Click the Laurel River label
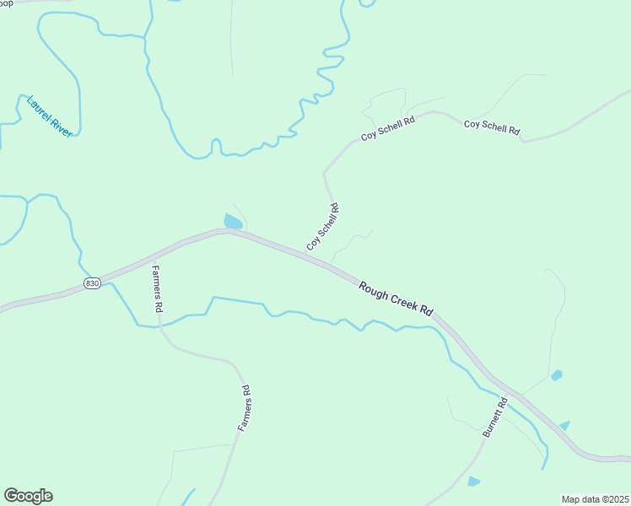pyautogui.click(x=50, y=116)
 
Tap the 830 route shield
pyautogui.click(x=93, y=283)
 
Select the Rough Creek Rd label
pyautogui.click(x=396, y=299)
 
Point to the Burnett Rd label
pyautogui.click(x=495, y=417)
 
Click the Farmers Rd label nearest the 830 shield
pyautogui.click(x=156, y=289)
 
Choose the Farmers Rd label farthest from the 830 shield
pyautogui.click(x=244, y=409)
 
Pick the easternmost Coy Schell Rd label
pyautogui.click(x=491, y=127)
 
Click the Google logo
pyautogui.click(x=28, y=496)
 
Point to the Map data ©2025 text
pyautogui.click(x=594, y=498)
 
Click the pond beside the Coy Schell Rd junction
pyautogui.click(x=233, y=222)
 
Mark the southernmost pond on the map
pyautogui.click(x=473, y=482)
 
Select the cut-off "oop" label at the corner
pyautogui.click(x=6, y=3)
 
